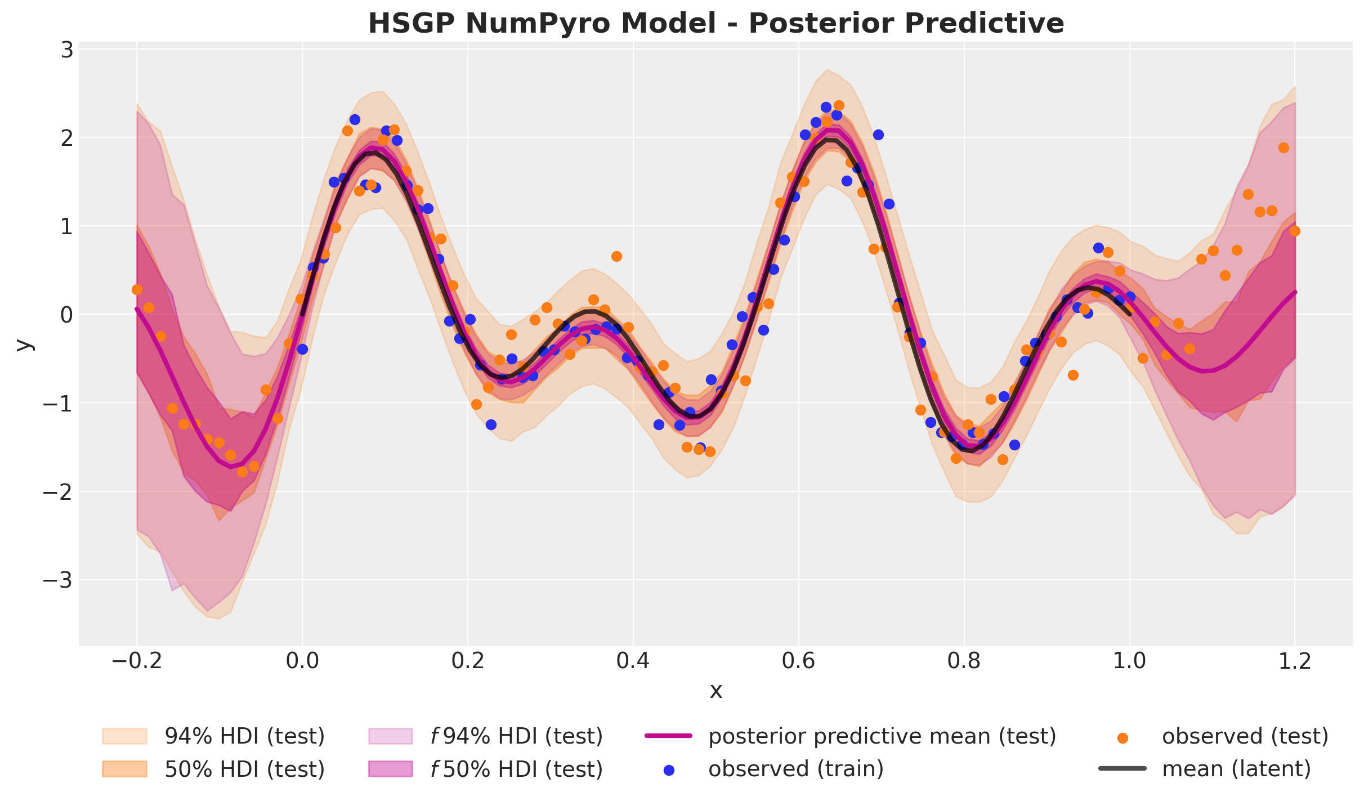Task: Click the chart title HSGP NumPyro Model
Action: (715, 24)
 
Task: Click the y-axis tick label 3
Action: (67, 50)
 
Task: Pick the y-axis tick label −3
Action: (59, 580)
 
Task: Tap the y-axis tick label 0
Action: (67, 315)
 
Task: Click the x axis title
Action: (715, 691)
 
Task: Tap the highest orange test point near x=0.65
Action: (839, 105)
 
